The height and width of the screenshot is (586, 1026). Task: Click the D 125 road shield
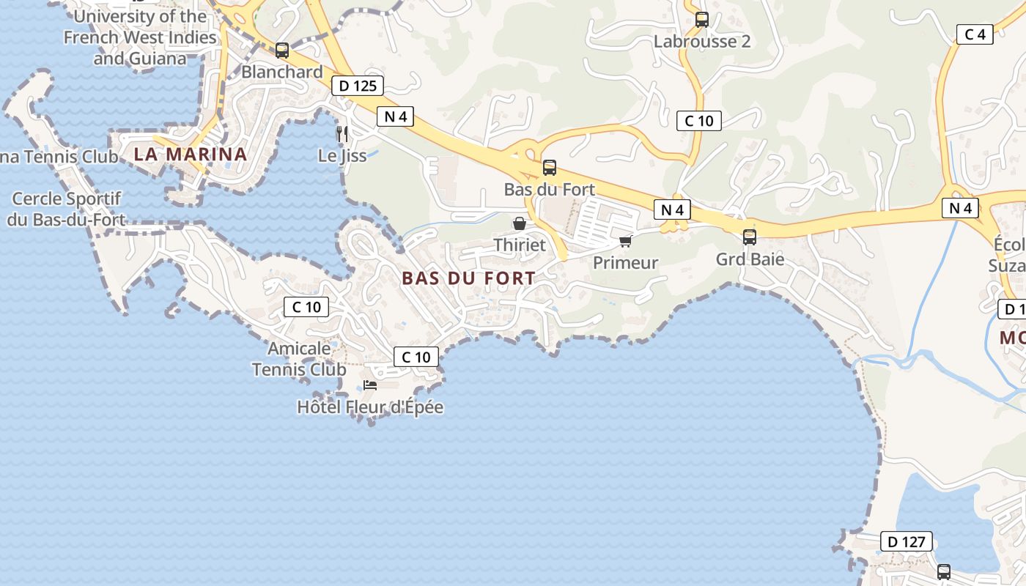point(358,86)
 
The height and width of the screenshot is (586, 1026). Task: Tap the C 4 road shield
point(975,34)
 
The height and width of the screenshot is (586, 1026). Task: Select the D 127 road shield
point(906,542)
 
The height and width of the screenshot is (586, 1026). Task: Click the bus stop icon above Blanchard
point(282,51)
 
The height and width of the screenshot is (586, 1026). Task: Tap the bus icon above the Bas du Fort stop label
point(550,168)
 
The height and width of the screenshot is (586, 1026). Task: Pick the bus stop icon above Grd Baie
point(750,237)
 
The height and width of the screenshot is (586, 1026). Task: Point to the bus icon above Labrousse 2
point(702,20)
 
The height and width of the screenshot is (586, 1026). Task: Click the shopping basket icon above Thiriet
point(520,223)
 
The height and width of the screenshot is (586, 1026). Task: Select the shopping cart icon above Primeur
point(625,241)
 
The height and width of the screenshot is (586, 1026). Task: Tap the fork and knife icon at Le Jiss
point(342,134)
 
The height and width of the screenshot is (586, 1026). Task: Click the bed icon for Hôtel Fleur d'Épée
point(370,385)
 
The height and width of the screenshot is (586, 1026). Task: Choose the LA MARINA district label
point(191,155)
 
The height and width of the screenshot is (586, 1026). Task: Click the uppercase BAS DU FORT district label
point(469,278)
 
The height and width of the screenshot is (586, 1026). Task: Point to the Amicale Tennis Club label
point(299,359)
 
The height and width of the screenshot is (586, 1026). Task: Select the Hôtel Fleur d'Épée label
point(370,407)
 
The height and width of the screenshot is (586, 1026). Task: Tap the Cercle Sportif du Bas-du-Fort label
point(66,209)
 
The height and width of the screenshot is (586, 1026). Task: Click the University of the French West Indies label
point(140,37)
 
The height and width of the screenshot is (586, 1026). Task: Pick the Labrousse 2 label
point(702,42)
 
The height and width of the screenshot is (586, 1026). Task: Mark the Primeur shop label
point(625,262)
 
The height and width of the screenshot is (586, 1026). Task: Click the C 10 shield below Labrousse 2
point(698,121)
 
